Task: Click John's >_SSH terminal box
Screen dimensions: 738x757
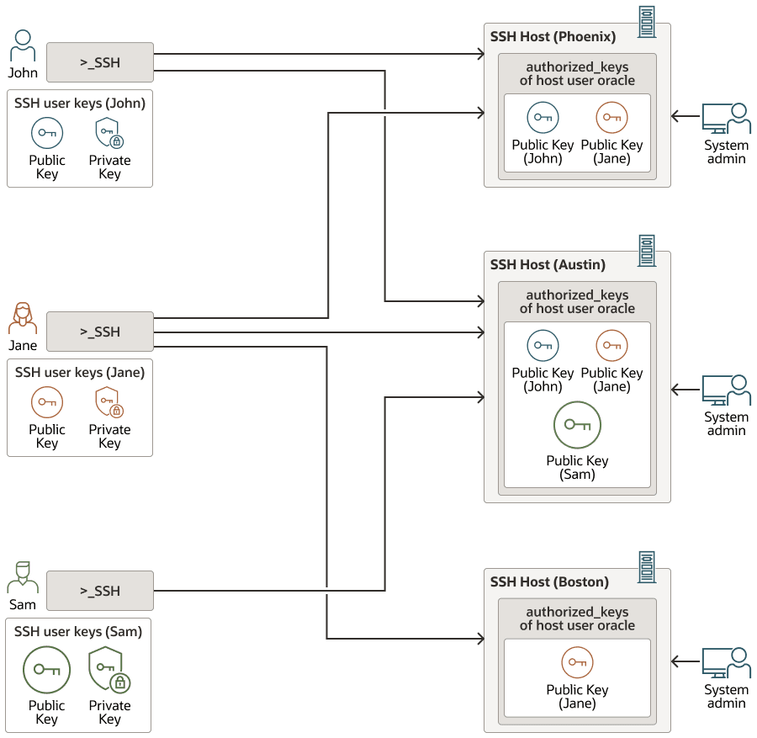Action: [x=100, y=62]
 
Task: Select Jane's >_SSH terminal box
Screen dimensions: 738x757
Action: [x=100, y=332]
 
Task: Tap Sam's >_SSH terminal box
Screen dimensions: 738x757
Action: [x=100, y=591]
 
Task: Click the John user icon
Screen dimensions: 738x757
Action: [x=23, y=46]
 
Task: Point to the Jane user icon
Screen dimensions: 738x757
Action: [x=23, y=319]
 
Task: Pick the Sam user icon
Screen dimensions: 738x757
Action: [x=23, y=578]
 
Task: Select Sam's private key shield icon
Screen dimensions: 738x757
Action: [x=109, y=670]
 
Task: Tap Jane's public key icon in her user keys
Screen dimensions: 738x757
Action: [x=47, y=402]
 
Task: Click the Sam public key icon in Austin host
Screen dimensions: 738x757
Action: [x=577, y=425]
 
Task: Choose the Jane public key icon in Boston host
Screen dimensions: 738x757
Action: [x=577, y=662]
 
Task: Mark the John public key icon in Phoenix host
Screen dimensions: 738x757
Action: [x=543, y=118]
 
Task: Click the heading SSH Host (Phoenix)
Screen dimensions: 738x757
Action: [x=553, y=37]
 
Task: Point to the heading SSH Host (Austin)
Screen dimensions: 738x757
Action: [x=548, y=265]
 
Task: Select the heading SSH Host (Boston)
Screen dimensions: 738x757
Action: [x=549, y=582]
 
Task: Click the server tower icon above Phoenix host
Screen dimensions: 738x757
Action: [x=646, y=22]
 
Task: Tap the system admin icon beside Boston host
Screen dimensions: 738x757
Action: [x=726, y=663]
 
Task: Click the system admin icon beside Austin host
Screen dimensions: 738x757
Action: [x=726, y=390]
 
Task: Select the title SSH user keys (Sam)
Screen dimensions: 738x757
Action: [x=78, y=632]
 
